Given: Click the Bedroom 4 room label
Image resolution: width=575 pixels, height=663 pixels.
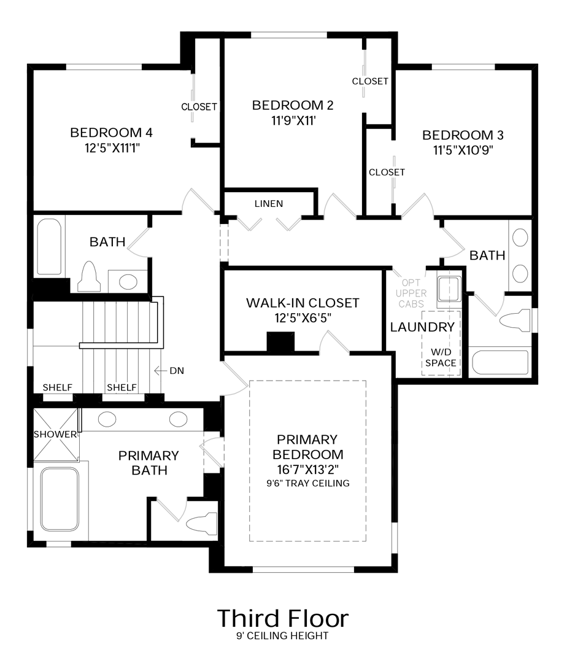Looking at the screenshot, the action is tap(111, 133).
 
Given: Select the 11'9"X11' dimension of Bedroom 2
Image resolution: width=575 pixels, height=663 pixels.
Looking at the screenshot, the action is tap(293, 120).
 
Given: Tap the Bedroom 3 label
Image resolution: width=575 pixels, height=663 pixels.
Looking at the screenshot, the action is tap(463, 135).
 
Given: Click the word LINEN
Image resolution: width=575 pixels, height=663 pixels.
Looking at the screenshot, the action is tap(269, 204).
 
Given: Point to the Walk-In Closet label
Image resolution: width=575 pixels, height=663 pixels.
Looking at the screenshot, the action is tap(303, 303).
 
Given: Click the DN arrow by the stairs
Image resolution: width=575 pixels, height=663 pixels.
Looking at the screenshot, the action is tap(160, 371).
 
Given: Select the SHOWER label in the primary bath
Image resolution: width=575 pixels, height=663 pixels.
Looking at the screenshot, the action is tap(55, 434).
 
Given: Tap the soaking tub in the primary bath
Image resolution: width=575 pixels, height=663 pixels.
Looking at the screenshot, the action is tap(60, 499).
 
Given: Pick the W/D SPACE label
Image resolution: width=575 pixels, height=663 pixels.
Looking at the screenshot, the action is tap(441, 357).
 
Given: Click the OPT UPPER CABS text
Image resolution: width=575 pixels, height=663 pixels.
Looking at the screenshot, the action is tap(411, 293).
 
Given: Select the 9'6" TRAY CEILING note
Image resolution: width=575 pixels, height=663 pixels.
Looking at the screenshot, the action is tap(308, 483).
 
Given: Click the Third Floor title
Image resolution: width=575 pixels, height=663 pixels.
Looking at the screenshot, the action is tap(283, 618).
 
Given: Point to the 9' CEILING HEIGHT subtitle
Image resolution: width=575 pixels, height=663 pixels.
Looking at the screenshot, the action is tap(282, 635).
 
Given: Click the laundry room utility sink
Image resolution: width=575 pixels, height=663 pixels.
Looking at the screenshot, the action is tap(449, 289).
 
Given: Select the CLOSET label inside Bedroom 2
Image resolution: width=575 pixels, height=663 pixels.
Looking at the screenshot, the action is tap(370, 81).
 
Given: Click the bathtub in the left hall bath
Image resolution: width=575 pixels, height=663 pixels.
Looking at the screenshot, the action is tap(49, 247).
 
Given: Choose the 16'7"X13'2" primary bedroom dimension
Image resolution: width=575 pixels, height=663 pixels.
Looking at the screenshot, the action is tap(308, 470).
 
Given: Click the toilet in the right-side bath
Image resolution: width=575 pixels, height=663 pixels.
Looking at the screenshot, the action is tap(515, 320).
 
